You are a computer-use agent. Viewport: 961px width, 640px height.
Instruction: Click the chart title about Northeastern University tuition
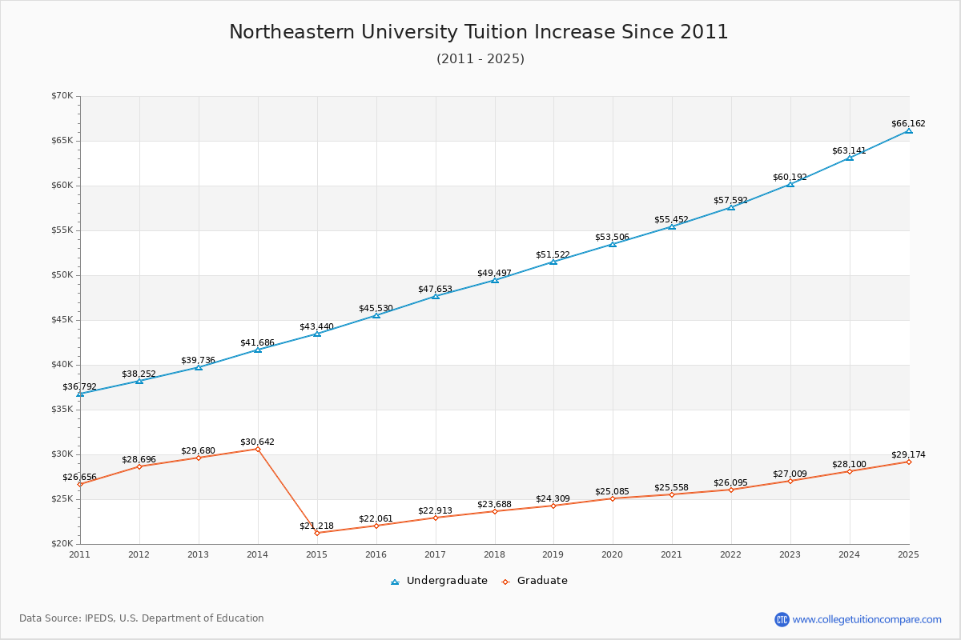[479, 32]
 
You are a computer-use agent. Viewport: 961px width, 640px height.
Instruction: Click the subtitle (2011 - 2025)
[480, 59]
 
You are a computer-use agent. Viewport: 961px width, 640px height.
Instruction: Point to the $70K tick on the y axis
[62, 96]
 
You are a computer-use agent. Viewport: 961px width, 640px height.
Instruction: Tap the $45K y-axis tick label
[62, 320]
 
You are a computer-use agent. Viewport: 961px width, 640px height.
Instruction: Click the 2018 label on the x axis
[494, 554]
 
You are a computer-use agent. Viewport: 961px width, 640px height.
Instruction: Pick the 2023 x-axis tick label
[790, 554]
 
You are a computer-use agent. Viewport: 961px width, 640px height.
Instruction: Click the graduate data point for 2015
[317, 533]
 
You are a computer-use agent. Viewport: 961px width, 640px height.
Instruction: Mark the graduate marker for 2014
[258, 449]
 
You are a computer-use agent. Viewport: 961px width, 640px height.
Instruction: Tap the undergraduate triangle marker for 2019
[553, 262]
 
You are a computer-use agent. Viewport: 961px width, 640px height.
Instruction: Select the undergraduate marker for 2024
[850, 158]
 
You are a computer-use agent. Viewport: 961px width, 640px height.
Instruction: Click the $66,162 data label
[908, 124]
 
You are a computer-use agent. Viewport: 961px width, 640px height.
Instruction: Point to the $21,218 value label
[316, 526]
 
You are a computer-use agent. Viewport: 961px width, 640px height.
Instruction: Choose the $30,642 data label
[257, 442]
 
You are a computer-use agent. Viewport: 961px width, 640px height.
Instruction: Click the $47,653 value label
[435, 290]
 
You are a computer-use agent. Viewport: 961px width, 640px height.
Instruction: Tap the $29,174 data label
[908, 455]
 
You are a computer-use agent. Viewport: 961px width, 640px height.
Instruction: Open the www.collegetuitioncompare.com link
[867, 619]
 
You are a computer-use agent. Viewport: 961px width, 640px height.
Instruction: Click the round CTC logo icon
[782, 619]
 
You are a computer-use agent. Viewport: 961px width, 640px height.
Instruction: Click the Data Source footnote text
[142, 618]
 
